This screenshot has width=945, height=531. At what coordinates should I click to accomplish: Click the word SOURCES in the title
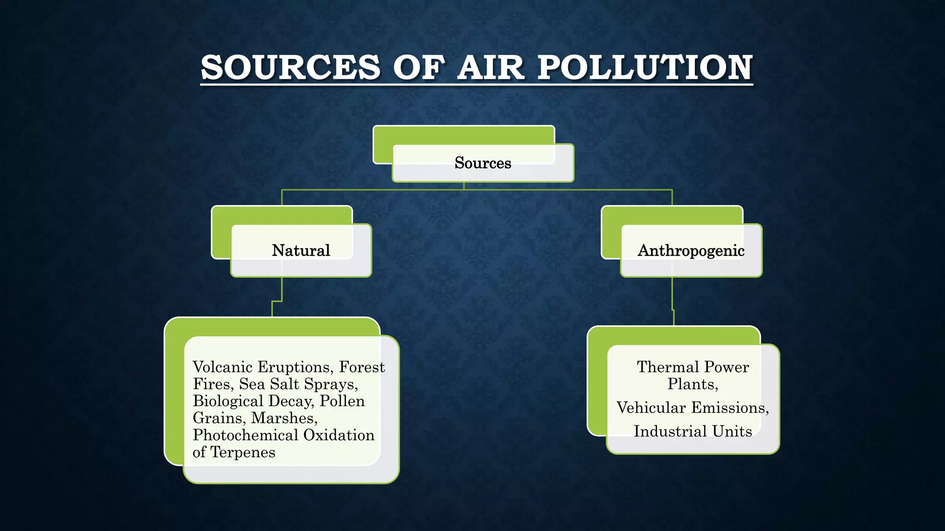click(x=291, y=67)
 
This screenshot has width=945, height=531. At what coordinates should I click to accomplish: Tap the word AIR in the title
click(x=490, y=67)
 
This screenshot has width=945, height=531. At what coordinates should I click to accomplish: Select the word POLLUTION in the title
click(x=645, y=67)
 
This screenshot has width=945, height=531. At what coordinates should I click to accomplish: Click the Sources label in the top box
click(x=483, y=163)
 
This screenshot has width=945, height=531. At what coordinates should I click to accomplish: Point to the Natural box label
click(x=301, y=250)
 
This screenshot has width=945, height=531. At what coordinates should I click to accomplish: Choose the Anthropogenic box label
click(x=691, y=250)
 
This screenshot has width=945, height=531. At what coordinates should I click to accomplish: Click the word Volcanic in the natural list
click(x=222, y=367)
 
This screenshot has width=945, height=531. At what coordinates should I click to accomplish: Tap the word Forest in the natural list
click(x=362, y=367)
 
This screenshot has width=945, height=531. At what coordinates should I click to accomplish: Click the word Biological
click(x=228, y=401)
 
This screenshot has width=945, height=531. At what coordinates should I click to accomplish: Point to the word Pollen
click(x=342, y=401)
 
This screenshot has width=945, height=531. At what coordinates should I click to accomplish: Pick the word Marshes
click(x=284, y=418)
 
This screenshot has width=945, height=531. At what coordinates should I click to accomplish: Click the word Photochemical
click(x=245, y=435)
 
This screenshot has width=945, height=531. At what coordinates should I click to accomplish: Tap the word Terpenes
click(x=243, y=452)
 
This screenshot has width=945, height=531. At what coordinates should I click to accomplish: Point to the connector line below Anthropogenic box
click(x=672, y=295)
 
